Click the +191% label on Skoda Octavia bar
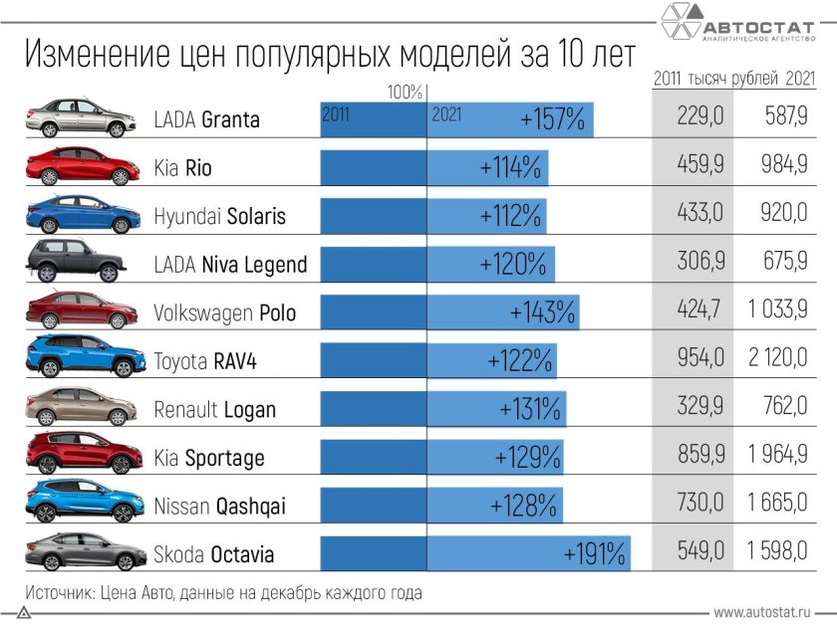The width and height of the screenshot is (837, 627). [x=595, y=552]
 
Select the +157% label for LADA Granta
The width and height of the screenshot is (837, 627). [x=552, y=119]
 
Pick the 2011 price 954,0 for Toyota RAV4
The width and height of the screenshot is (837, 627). [x=699, y=360]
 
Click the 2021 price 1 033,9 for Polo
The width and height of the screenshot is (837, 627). [x=777, y=313]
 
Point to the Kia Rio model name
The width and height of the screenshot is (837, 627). [x=183, y=168]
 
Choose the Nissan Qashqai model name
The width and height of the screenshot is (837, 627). [x=219, y=506]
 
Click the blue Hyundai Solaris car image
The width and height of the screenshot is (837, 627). [x=82, y=214]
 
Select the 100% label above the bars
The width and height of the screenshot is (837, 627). [x=406, y=93]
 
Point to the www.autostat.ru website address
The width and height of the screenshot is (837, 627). [x=760, y=610]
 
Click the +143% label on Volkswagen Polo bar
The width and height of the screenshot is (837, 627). [x=543, y=313]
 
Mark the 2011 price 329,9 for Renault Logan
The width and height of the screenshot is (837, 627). [x=699, y=409]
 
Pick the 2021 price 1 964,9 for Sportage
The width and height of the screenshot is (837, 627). [x=777, y=457]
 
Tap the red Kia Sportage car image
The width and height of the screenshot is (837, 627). [x=82, y=455]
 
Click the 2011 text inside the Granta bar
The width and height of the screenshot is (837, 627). [x=335, y=114]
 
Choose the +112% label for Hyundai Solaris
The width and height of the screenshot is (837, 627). [x=510, y=216]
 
